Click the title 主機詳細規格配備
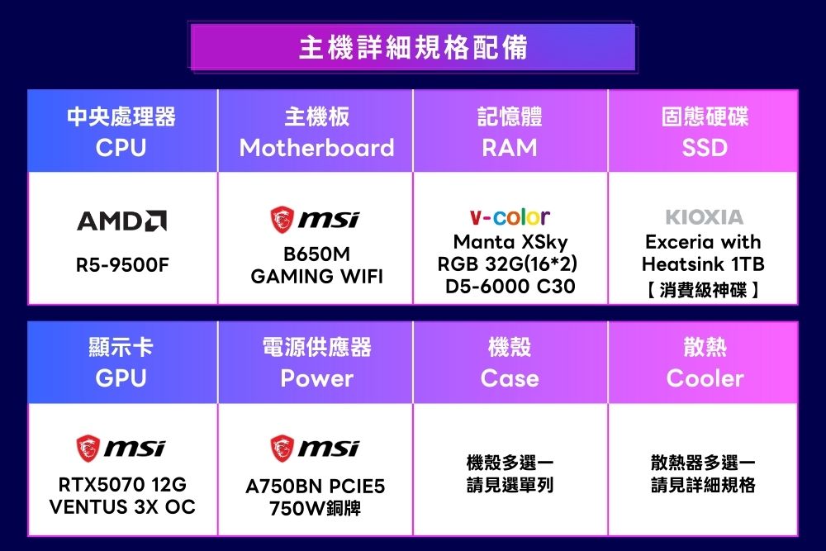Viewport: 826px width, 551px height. (x=413, y=47)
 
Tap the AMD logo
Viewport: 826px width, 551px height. (x=122, y=221)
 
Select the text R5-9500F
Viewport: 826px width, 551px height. (x=122, y=265)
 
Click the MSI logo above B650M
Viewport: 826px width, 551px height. (x=315, y=219)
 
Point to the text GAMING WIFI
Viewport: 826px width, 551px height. (x=316, y=276)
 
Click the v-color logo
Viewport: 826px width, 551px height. (x=510, y=216)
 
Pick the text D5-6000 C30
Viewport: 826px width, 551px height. (x=510, y=286)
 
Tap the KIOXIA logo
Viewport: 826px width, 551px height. (x=705, y=216)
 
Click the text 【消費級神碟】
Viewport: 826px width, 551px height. (x=703, y=289)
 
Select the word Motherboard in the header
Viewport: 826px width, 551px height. (x=316, y=148)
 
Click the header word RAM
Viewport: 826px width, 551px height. (x=510, y=148)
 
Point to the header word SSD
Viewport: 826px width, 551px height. (x=705, y=148)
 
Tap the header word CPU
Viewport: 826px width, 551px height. (x=121, y=148)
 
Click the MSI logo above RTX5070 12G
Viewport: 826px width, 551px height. (x=121, y=449)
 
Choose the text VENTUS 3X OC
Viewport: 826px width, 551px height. (x=122, y=506)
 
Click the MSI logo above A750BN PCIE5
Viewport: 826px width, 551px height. (x=315, y=449)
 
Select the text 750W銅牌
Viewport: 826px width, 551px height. (x=315, y=508)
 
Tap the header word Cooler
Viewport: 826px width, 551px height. (x=705, y=378)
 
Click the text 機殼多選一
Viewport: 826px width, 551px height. (x=510, y=463)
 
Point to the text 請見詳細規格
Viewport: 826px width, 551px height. (x=703, y=485)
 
